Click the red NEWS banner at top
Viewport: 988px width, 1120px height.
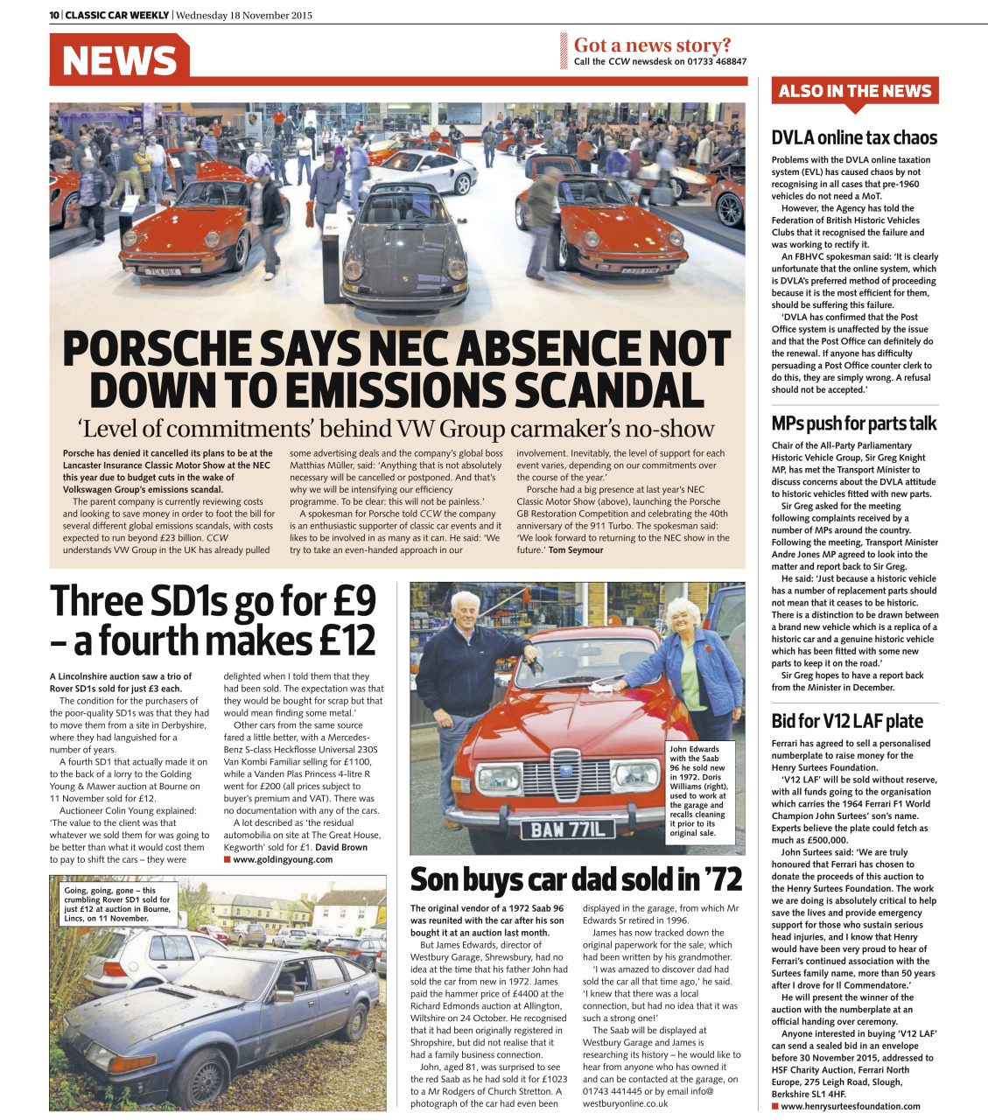(119, 59)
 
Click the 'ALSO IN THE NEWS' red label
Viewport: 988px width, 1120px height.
(854, 91)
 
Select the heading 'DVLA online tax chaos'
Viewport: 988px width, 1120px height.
(853, 137)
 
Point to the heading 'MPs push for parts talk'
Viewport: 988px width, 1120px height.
(853, 423)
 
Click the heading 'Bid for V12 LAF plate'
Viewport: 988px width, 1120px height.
(846, 721)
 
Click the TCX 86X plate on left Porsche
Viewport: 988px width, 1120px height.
(162, 272)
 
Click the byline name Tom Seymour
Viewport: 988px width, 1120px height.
(575, 550)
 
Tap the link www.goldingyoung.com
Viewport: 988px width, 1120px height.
(283, 859)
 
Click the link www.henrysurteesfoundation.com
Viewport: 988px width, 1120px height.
(850, 1106)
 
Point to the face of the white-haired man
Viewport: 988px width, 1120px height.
(463, 610)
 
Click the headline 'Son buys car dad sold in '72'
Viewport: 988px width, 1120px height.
(576, 879)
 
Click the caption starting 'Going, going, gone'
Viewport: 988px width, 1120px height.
(117, 904)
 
